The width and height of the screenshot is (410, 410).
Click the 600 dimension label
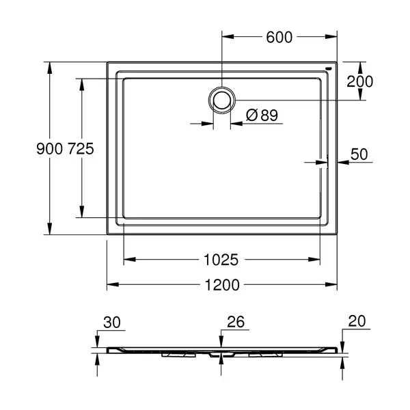pos(279,37)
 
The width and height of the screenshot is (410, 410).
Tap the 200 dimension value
pos(360,81)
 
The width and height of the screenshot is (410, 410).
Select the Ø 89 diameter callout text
pos(262,115)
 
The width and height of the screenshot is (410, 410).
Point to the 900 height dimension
pos(50,149)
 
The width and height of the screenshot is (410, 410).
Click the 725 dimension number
pos(81,149)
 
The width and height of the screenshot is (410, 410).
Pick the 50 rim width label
pos(359,154)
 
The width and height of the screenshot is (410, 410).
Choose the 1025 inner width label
pos(221,260)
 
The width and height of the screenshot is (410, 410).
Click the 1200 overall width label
pos(222,285)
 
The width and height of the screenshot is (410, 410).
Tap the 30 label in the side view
pos(112,322)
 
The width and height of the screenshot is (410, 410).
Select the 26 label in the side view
pos(236,322)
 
